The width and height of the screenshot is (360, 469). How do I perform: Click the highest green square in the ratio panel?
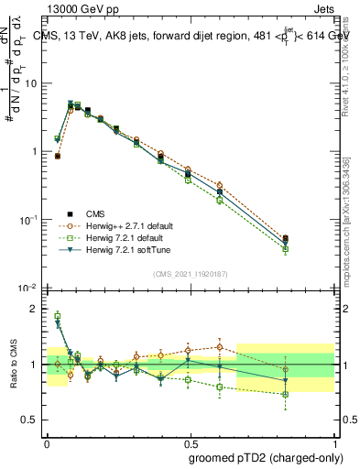click(57, 316)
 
